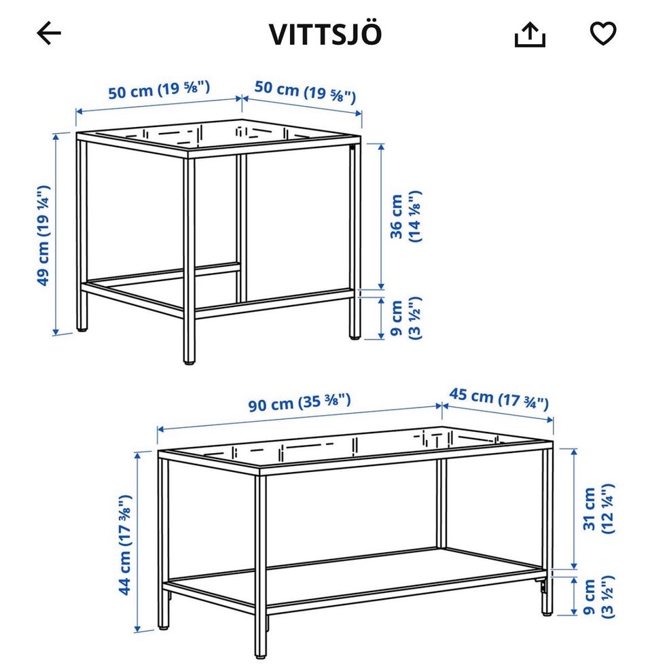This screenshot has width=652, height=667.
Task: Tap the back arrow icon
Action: click(x=49, y=33)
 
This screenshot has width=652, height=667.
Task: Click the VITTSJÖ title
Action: click(x=325, y=33)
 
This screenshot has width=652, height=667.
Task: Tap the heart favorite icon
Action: click(x=603, y=33)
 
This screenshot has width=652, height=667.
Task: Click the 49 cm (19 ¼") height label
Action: click(x=44, y=235)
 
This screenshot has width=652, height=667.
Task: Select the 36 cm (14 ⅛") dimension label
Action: click(x=405, y=217)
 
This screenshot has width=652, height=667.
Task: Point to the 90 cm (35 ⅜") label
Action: click(x=300, y=402)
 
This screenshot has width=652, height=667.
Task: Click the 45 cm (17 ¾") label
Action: click(x=499, y=399)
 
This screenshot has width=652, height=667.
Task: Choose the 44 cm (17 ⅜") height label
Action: click(x=125, y=545)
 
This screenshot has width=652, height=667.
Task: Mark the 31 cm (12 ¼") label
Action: click(x=598, y=509)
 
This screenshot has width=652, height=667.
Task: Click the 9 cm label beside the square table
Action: click(x=405, y=318)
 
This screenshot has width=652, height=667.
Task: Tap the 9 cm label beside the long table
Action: click(x=598, y=597)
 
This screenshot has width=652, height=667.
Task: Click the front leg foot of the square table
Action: click(x=189, y=362)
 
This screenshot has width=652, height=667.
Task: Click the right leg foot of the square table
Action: click(x=355, y=338)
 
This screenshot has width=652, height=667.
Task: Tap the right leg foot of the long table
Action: click(x=547, y=613)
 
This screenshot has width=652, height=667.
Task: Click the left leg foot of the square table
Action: click(x=82, y=329)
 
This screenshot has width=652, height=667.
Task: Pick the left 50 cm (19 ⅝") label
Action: click(x=159, y=90)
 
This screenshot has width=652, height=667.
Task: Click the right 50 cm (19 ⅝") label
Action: click(x=305, y=92)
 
